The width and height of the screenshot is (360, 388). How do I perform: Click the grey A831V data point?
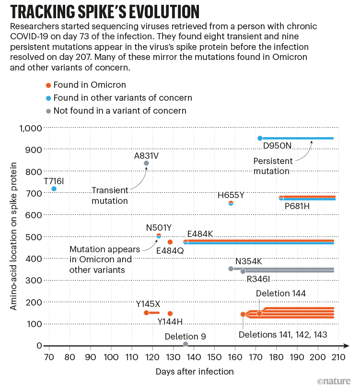pyautogui.click(x=146, y=163)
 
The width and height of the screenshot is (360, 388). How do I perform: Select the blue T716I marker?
pyautogui.click(x=54, y=188)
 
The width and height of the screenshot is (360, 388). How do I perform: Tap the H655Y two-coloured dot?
pyautogui.click(x=231, y=203)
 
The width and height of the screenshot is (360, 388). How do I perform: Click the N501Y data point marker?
pyautogui.click(x=159, y=235)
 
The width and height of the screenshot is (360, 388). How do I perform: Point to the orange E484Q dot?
pyautogui.click(x=170, y=242)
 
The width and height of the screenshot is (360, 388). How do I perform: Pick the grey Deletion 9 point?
pyautogui.click(x=186, y=344)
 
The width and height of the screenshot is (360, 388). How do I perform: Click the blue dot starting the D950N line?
pyautogui.click(x=260, y=138)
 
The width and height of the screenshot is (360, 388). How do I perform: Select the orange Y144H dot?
pyautogui.click(x=170, y=313)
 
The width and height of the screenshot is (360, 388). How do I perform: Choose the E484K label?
pyautogui.click(x=200, y=234)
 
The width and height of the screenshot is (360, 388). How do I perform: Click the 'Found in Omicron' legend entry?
pyautogui.click(x=90, y=85)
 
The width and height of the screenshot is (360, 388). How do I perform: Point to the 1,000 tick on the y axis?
pyautogui.click(x=30, y=128)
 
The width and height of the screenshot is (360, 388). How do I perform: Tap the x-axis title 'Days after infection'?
pyautogui.click(x=195, y=371)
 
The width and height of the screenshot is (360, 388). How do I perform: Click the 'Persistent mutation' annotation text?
pyautogui.click(x=272, y=166)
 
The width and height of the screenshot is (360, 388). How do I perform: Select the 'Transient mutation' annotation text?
pyautogui.click(x=110, y=196)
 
